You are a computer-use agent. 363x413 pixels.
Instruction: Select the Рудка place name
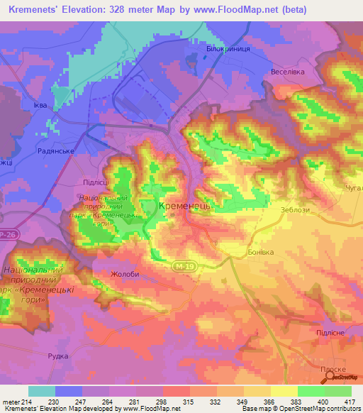[x=58, y=357]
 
